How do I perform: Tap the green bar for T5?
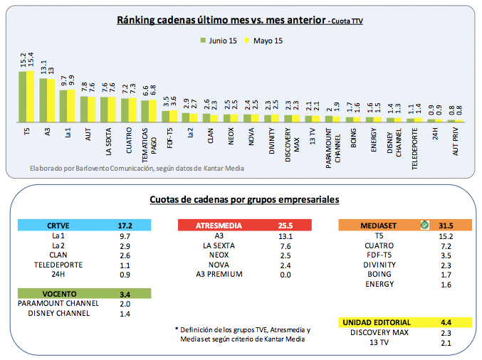tap(22, 96)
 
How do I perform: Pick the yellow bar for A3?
tap(51, 100)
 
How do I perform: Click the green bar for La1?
tap(63, 105)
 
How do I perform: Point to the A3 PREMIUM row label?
tap(219, 274)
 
